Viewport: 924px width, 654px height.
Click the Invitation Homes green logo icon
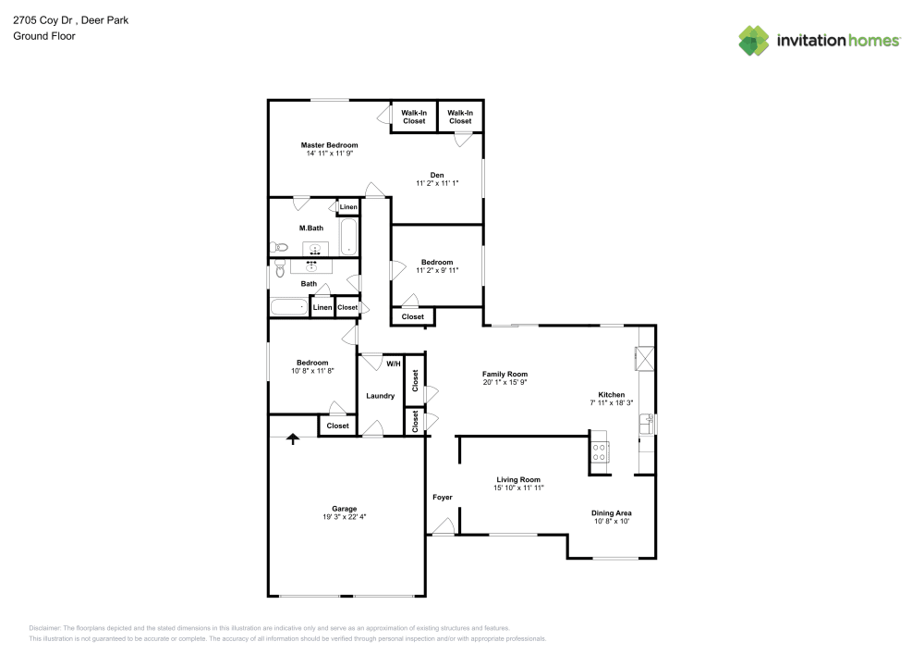[x=753, y=40]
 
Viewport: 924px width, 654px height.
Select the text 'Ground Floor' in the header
[x=43, y=36]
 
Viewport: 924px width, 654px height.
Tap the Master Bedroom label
[x=329, y=145]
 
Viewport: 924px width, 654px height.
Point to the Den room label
[x=437, y=175]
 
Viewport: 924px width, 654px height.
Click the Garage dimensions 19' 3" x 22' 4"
[x=345, y=517]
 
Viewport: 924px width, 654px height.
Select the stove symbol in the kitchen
[x=599, y=452]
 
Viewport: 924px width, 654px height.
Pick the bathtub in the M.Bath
[x=348, y=237]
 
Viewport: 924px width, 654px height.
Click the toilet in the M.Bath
[x=280, y=247]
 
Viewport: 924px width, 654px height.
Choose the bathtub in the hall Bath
[x=288, y=307]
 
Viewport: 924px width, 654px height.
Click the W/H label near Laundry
[x=394, y=364]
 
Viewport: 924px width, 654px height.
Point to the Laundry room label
[x=380, y=396]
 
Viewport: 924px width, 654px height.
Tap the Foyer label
[x=443, y=498]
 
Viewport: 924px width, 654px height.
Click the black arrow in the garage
[x=294, y=438]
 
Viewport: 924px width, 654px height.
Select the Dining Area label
[x=611, y=512]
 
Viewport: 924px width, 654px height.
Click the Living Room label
[x=517, y=479]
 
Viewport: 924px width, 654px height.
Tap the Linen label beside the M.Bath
[x=348, y=207]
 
